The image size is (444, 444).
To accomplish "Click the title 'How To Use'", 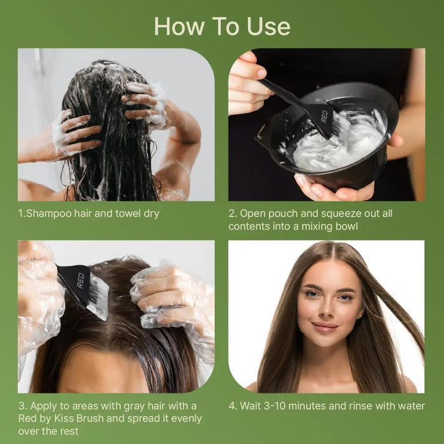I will click(222, 26).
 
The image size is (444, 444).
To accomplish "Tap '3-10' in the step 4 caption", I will click(285, 406).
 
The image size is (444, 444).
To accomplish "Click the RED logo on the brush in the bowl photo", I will click(325, 117).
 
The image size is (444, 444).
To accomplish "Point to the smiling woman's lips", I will click(325, 327).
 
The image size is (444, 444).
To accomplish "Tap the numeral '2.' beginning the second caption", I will click(233, 214).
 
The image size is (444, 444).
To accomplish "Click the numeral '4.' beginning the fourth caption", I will click(233, 406).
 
